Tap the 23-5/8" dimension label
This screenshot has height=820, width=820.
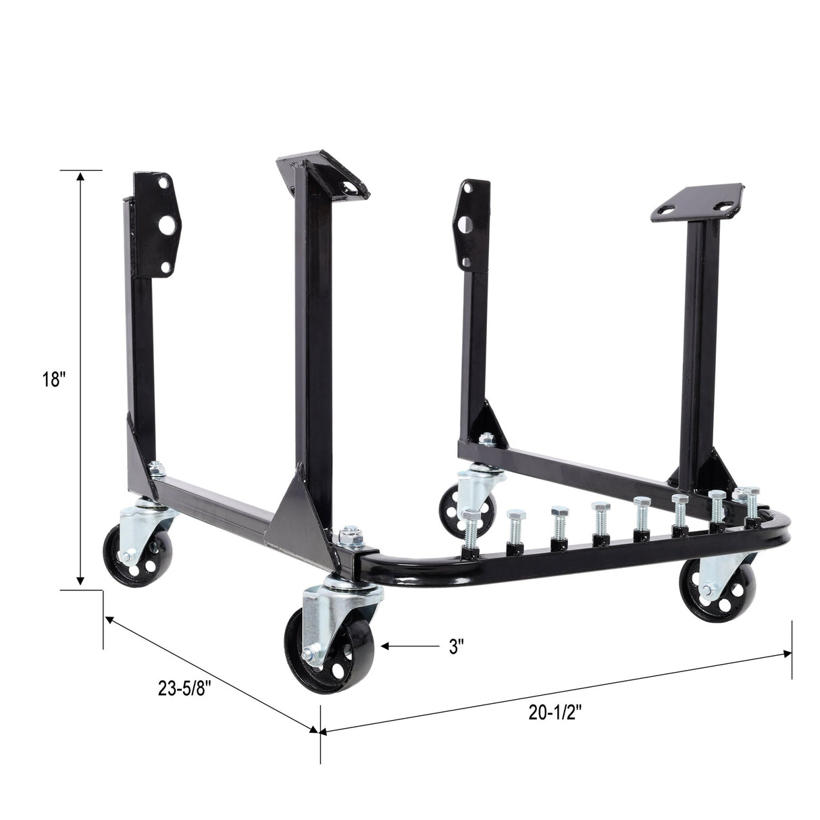click(184, 688)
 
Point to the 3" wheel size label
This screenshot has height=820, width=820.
click(457, 646)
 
